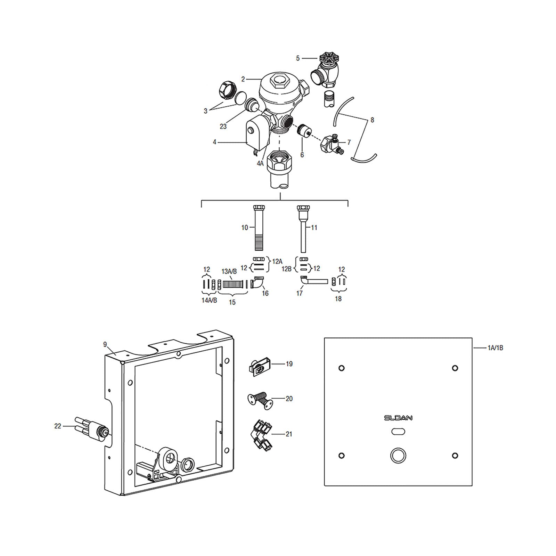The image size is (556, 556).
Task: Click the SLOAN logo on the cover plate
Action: (x=398, y=418)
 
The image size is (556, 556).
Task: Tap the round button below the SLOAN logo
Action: (x=398, y=455)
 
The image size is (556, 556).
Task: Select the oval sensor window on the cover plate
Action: (x=398, y=432)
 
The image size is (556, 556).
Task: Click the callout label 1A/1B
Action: (x=495, y=348)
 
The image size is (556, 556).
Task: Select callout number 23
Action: (x=223, y=126)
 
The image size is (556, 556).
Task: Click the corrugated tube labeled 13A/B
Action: (x=232, y=284)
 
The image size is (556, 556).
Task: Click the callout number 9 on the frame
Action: (x=105, y=344)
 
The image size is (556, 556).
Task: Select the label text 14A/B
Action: (x=209, y=300)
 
